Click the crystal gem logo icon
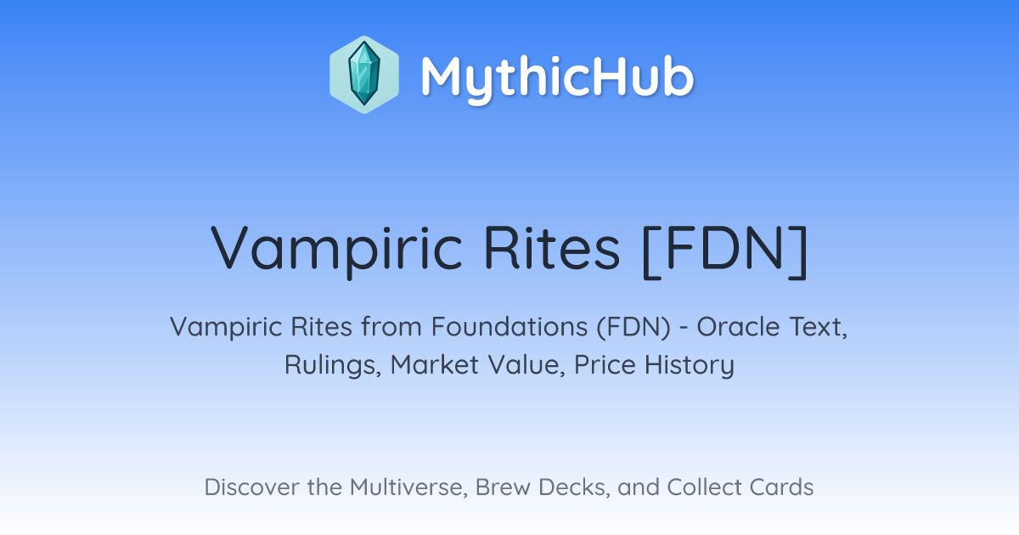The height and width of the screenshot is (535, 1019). point(364,75)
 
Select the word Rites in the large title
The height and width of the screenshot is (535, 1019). point(551,248)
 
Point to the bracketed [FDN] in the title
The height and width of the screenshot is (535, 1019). point(725,251)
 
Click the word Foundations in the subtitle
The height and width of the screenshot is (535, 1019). point(509,327)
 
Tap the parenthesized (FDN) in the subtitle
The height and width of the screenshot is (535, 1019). point(633,327)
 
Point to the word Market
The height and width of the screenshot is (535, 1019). point(435,364)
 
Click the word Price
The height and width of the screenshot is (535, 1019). point(605,364)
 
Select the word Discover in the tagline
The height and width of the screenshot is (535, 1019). point(252,487)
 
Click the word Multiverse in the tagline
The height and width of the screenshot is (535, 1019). point(408,487)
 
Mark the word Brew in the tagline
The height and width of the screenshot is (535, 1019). point(503,487)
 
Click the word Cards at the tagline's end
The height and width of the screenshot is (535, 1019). point(781,487)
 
